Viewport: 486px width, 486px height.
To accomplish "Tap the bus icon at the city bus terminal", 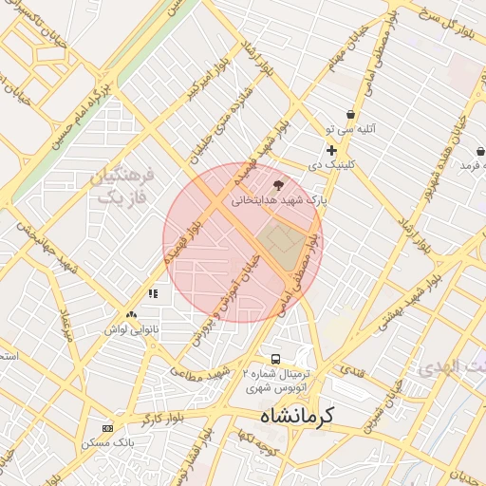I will [x=275, y=359].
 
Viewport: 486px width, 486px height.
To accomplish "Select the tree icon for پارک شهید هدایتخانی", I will [x=278, y=185].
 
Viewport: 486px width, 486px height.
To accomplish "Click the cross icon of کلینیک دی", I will [x=331, y=150].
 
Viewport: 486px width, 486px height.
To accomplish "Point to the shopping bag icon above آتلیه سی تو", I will [x=350, y=114].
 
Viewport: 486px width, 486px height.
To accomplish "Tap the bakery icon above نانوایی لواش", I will [x=131, y=314].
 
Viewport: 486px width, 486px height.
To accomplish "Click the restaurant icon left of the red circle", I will [x=153, y=294].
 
